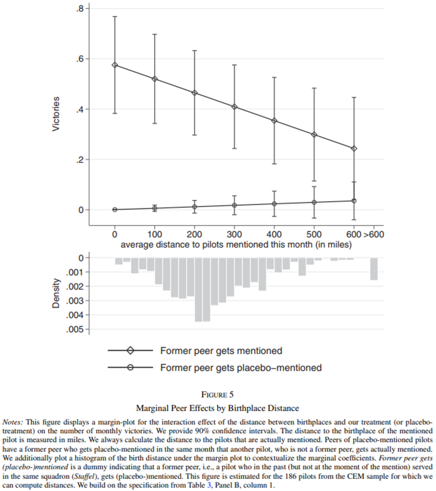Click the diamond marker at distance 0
(115, 65)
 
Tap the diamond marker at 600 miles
(354, 148)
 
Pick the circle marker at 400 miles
(275, 204)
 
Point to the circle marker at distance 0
(115, 210)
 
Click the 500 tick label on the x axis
(314, 235)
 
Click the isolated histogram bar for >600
(373, 268)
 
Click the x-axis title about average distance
(236, 245)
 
